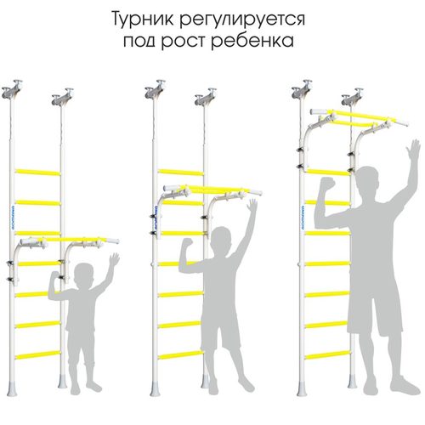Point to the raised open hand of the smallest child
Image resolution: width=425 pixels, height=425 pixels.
coord(114,259)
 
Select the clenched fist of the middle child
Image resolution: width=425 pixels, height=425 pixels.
coord(187,243)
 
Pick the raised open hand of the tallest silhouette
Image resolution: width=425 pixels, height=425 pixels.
coord(413,150)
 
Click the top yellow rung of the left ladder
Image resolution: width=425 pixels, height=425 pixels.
coord(37,172)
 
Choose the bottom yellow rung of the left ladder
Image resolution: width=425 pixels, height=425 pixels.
coord(38,355)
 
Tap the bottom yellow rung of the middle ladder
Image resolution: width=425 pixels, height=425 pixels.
coord(181,355)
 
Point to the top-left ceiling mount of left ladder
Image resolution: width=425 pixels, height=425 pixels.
coord(12,89)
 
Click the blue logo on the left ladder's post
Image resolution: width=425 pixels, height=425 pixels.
coord(13,218)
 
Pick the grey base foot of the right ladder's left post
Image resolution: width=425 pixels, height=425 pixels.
coord(302,388)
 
